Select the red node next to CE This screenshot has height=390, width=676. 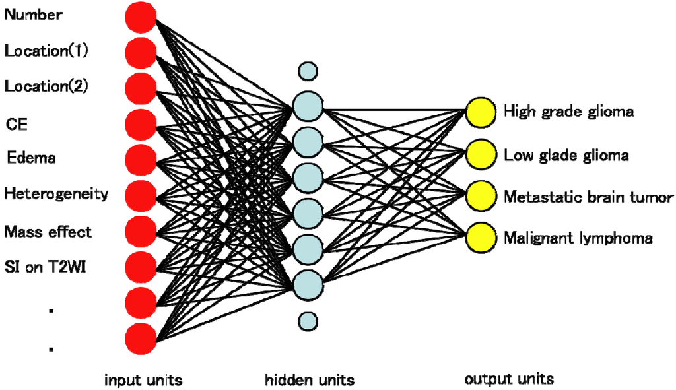141,123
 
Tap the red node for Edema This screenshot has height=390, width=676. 141,159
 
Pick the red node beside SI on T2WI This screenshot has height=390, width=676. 141,266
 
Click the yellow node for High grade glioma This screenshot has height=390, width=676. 480,112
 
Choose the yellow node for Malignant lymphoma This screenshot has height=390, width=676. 480,237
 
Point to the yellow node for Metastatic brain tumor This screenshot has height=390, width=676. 480,196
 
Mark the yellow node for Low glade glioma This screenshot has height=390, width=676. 480,155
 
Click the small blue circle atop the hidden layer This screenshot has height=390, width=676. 308,69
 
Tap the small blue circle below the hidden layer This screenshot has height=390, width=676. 308,321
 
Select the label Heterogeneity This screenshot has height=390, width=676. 56,194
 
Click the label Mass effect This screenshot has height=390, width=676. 48,232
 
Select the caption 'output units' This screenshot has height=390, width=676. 509,379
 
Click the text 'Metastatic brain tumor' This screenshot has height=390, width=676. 588,197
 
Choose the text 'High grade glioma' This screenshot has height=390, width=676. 568,111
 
